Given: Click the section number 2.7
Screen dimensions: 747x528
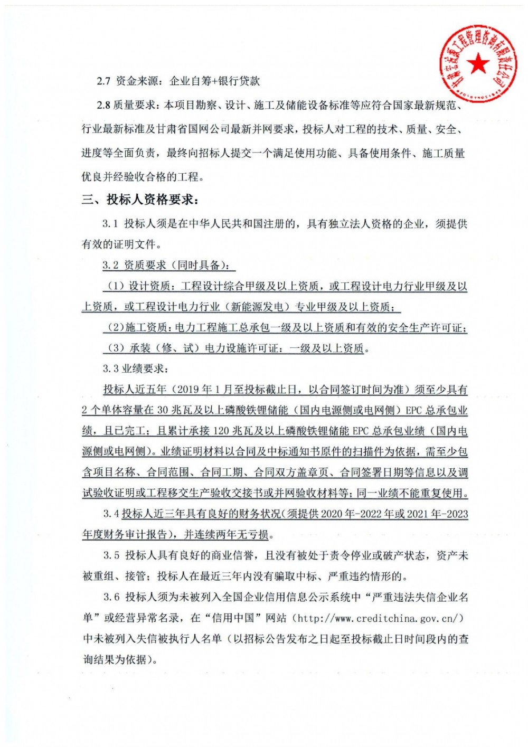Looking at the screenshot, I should [x=104, y=81].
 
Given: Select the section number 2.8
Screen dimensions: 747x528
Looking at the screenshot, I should [x=103, y=105].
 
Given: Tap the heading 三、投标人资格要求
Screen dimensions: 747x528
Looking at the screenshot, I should [x=140, y=200].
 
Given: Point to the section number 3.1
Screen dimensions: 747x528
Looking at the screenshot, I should [x=110, y=224].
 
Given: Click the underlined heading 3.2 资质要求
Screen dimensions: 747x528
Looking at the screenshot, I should [x=169, y=265].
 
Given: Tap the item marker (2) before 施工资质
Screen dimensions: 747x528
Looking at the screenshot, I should [x=116, y=328].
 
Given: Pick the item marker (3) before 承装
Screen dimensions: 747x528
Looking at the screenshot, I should [x=116, y=348].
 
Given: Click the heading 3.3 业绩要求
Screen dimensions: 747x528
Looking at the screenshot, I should [x=136, y=368].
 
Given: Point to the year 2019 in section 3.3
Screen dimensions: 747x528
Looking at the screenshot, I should [x=190, y=390].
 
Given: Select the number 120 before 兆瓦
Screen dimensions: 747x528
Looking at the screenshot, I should [x=222, y=431].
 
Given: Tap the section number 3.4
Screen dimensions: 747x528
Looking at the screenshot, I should [x=111, y=514].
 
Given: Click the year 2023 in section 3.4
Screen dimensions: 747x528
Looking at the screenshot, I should [x=457, y=514].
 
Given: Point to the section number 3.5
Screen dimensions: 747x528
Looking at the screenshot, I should [x=111, y=555].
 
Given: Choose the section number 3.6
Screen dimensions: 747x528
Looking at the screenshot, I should [x=111, y=597].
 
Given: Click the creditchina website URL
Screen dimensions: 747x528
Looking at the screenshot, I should [x=380, y=618].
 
